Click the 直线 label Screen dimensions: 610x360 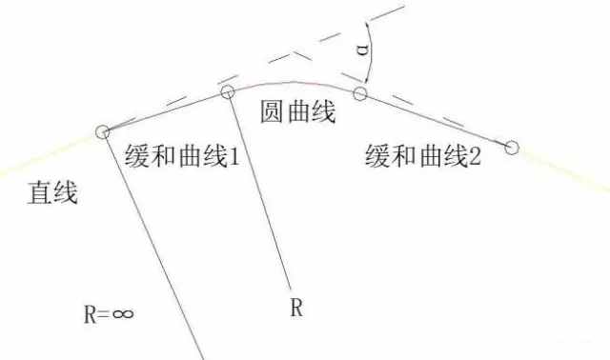click(x=52, y=192)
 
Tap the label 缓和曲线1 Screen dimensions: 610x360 click(x=182, y=156)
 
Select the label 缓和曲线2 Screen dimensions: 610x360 click(x=423, y=155)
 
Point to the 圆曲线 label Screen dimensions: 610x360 click(x=297, y=111)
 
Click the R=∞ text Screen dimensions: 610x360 click(x=109, y=314)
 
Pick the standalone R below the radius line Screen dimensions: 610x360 click(x=296, y=308)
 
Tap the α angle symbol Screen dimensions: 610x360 click(x=362, y=50)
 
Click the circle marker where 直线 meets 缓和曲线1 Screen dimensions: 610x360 click(x=102, y=132)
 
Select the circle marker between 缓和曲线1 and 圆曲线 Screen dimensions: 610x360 click(x=228, y=91)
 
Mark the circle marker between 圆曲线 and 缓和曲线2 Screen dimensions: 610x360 click(x=360, y=93)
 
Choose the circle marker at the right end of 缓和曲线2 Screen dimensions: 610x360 click(x=512, y=148)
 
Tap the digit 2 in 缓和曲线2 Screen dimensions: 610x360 click(x=475, y=156)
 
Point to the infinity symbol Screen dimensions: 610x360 click(x=123, y=313)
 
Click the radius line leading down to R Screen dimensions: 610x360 click(x=259, y=192)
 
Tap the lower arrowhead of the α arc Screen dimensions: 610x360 click(x=366, y=78)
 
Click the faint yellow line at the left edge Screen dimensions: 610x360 click(x=47, y=154)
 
